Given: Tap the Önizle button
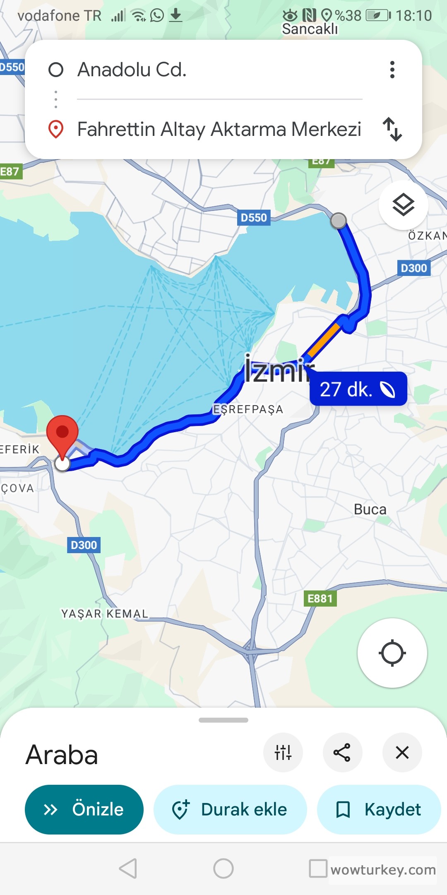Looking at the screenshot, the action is (84, 809).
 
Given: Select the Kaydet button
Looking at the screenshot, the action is (379, 809).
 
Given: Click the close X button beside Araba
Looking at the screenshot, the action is (402, 752).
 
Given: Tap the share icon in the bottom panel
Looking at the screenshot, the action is (342, 752).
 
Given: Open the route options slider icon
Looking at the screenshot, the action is (283, 752).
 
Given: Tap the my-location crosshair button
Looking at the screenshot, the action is (392, 653).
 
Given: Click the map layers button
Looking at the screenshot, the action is (403, 205).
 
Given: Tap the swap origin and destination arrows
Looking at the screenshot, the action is (392, 129).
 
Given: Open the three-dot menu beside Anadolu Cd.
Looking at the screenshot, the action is (392, 70).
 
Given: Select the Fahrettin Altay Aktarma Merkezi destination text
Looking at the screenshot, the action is (219, 129).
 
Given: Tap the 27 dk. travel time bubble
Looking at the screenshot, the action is (358, 389).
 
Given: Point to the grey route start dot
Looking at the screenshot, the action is (339, 220).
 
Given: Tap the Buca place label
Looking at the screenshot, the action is (370, 509).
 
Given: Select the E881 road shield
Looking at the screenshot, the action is (320, 598).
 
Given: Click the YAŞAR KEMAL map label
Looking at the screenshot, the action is (105, 613).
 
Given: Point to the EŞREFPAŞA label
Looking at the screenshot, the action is (248, 409).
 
